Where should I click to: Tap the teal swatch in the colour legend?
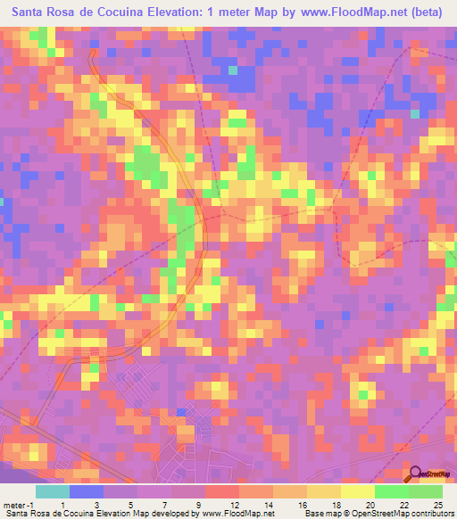coord(53,491)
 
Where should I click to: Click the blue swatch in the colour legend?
coord(87,491)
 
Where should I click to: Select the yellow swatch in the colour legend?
coord(357,491)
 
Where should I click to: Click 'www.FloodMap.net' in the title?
coord(345,12)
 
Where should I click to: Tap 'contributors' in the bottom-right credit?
coord(432,514)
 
